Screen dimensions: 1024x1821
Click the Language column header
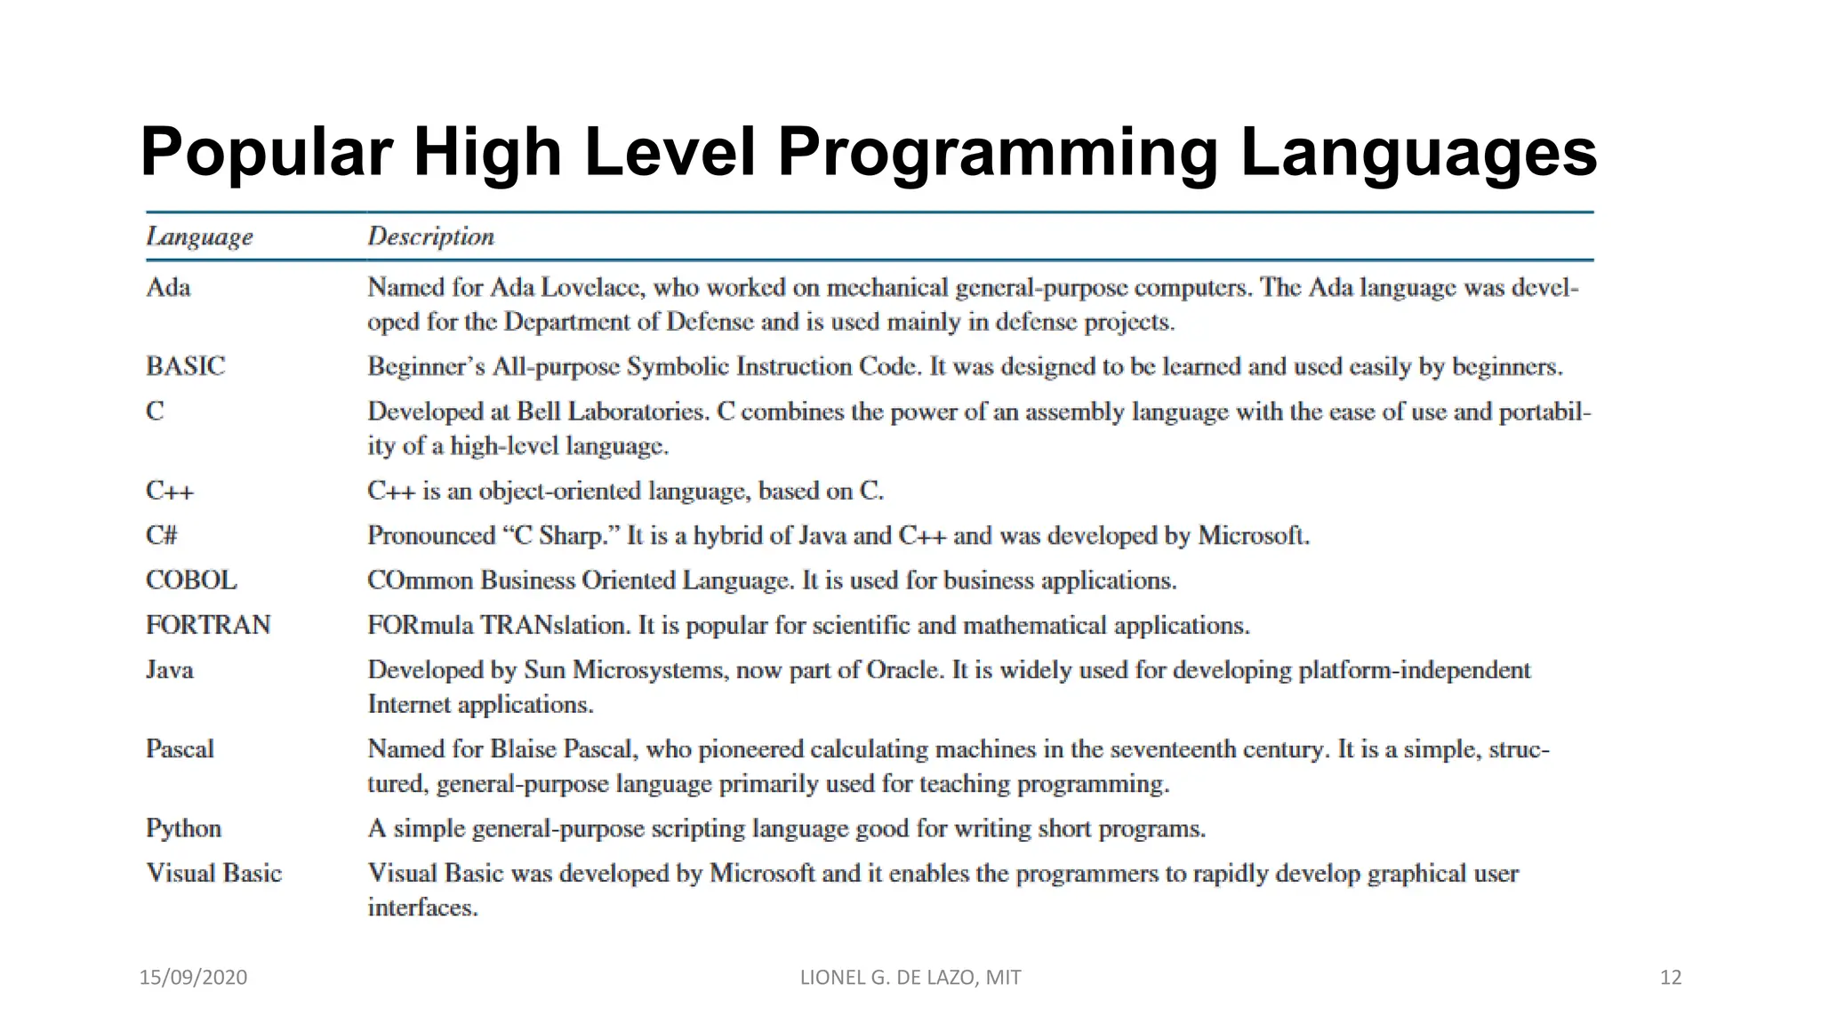pyautogui.click(x=199, y=236)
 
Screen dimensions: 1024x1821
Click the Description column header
pyautogui.click(x=430, y=236)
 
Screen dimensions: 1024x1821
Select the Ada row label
pyautogui.click(x=168, y=287)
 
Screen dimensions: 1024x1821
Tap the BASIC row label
pyautogui.click(x=185, y=366)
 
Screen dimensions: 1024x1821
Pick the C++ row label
pyautogui.click(x=169, y=491)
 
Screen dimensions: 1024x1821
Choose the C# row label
pyautogui.click(x=162, y=535)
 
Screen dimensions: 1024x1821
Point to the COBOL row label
pyautogui.click(x=191, y=580)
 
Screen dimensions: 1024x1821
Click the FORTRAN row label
pyautogui.click(x=208, y=625)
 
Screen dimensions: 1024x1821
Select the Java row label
pyautogui.click(x=169, y=669)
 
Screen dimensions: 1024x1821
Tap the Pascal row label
pyautogui.click(x=180, y=748)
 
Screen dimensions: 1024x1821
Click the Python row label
pyautogui.click(x=183, y=828)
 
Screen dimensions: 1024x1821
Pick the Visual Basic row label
pyautogui.click(x=213, y=873)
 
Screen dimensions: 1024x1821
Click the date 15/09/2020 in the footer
pyautogui.click(x=193, y=978)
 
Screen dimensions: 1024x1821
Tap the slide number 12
pyautogui.click(x=1671, y=978)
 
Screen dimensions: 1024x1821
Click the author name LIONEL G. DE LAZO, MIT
pyautogui.click(x=910, y=978)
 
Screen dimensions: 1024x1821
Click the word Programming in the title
pyautogui.click(x=997, y=153)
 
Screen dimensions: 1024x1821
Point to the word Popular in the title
pyautogui.click(x=266, y=153)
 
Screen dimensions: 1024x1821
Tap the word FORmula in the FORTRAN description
pyautogui.click(x=421, y=625)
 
